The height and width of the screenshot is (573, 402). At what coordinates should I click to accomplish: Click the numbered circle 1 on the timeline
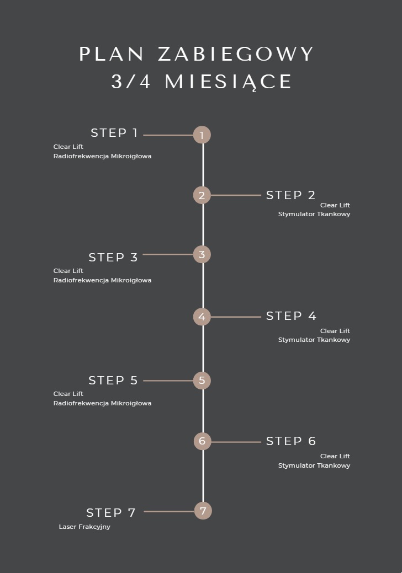click(202, 135)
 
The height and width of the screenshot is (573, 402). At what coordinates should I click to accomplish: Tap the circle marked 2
click(202, 195)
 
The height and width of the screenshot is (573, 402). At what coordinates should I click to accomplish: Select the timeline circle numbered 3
click(202, 254)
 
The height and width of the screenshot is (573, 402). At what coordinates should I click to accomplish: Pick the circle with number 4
click(202, 317)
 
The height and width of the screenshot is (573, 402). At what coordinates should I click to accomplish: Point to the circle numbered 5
click(202, 381)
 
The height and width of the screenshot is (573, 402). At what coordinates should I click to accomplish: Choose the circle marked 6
click(202, 441)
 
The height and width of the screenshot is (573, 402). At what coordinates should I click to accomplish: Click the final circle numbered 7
click(203, 511)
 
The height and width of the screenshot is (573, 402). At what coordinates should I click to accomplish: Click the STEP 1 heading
click(114, 133)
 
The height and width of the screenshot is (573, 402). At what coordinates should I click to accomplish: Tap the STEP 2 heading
click(290, 195)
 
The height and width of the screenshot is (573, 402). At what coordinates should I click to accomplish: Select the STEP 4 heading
click(291, 316)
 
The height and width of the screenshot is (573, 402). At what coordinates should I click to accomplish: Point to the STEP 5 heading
click(113, 381)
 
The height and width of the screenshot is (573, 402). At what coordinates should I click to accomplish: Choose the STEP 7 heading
click(110, 513)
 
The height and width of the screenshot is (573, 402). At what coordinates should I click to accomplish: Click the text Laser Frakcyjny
click(84, 527)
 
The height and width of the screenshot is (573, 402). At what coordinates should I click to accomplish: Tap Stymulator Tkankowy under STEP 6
click(314, 465)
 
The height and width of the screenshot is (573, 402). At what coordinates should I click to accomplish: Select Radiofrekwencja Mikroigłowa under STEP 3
click(102, 280)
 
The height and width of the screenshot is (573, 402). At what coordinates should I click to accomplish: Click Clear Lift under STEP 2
click(335, 205)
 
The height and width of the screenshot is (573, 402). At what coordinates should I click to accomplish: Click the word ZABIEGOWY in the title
click(236, 55)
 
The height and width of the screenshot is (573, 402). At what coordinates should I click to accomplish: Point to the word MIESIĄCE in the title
click(228, 82)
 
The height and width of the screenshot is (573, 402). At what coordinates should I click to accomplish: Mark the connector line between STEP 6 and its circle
click(236, 442)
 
